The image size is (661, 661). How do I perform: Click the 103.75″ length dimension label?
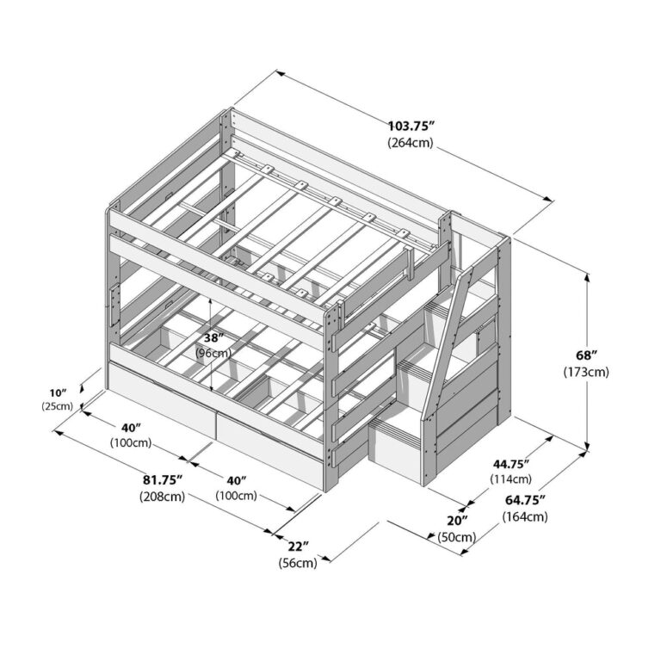click(411, 126)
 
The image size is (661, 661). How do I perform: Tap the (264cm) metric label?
click(411, 143)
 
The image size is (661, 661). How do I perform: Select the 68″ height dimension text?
click(587, 355)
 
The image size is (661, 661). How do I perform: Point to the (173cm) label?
click(586, 372)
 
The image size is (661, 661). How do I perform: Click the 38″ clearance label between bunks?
click(213, 337)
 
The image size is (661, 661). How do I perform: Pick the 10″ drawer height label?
click(59, 393)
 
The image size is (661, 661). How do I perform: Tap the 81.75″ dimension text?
click(163, 479)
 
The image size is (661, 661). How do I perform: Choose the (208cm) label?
click(163, 497)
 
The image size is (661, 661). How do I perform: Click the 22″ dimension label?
click(299, 547)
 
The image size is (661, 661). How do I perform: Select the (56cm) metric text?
click(298, 563)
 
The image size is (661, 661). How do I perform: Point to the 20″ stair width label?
click(457, 521)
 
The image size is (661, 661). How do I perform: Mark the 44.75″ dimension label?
click(511, 464)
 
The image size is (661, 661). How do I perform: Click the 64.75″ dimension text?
click(525, 500)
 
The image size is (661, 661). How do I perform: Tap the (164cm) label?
click(525, 516)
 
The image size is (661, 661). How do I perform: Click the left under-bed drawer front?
click(161, 402)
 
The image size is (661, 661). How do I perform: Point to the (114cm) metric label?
click(510, 479)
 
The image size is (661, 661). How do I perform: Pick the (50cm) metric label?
click(456, 537)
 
